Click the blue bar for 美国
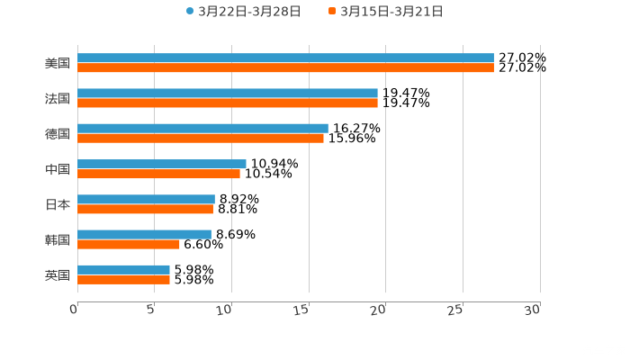point(285,58)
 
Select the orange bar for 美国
point(285,67)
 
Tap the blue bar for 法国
point(228,93)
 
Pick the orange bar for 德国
point(201,138)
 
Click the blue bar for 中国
point(162,164)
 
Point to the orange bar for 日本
point(145,209)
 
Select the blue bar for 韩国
point(144,234)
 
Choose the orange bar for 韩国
point(129,244)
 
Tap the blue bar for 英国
point(123,269)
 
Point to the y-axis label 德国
point(58,133)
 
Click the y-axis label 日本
point(58,204)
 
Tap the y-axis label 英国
point(58,274)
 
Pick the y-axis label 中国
point(58,168)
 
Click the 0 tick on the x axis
point(75,310)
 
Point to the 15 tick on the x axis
point(306,310)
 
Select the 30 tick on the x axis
point(534,310)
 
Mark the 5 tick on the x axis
point(153,310)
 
